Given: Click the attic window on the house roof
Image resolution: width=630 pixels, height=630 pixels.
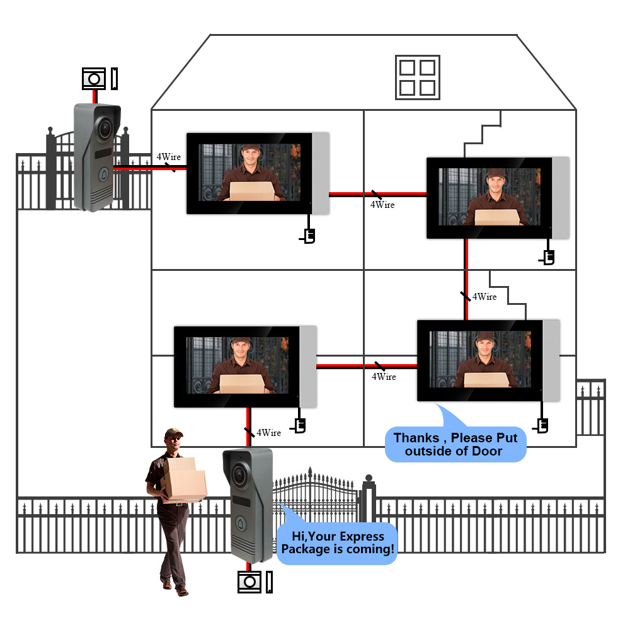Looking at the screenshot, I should pyautogui.click(x=416, y=77).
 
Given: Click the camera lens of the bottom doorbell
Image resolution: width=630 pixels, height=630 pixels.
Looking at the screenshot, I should pyautogui.click(x=240, y=473).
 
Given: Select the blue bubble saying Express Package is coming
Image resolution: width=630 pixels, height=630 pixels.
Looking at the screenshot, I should pyautogui.click(x=338, y=542).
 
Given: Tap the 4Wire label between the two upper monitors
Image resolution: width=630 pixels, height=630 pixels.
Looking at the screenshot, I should pyautogui.click(x=382, y=205).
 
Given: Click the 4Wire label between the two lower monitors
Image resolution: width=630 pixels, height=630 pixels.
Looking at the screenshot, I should pyautogui.click(x=384, y=376).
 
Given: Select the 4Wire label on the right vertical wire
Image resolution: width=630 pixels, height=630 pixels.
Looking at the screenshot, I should pyautogui.click(x=484, y=296).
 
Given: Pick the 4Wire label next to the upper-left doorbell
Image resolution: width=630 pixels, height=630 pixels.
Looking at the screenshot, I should pyautogui.click(x=168, y=156).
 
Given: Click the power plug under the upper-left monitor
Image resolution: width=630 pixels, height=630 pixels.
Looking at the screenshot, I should pyautogui.click(x=308, y=236).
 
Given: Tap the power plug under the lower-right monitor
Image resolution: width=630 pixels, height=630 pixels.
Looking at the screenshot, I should pyautogui.click(x=541, y=426).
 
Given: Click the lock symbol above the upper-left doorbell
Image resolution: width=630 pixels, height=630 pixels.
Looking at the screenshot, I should pyautogui.click(x=95, y=79).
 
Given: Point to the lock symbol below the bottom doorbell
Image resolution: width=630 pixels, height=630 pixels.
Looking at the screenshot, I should pyautogui.click(x=249, y=581).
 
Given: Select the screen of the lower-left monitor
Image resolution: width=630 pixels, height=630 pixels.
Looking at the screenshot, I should pyautogui.click(x=236, y=365).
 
